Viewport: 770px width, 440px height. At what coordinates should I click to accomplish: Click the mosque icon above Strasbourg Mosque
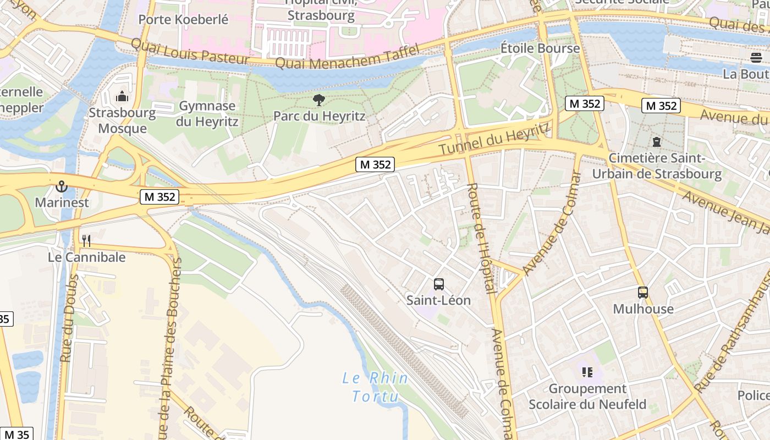tap(122, 97)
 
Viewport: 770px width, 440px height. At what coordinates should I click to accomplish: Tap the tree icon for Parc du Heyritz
tap(318, 100)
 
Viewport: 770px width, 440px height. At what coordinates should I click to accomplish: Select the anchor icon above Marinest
tap(61, 186)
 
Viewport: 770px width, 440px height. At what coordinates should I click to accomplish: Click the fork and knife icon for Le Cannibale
tap(86, 241)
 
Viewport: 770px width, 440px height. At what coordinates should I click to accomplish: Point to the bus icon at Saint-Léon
tap(438, 284)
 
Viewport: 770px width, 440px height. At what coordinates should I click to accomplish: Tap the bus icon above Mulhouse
tap(642, 293)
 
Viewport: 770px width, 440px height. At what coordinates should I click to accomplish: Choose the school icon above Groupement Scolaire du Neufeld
tap(587, 372)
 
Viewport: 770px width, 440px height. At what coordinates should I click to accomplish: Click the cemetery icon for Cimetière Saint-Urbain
tap(656, 142)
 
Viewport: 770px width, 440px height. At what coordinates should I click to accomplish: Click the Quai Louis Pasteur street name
tap(190, 52)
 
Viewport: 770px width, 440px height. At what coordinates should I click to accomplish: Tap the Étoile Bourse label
tap(540, 48)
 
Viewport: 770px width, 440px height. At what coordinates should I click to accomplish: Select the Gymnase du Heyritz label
tap(207, 113)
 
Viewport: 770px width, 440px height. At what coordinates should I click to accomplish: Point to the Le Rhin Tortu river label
tap(375, 387)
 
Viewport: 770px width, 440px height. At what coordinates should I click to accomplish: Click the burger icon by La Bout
tap(756, 57)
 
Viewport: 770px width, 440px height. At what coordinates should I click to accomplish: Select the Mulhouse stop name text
tap(643, 309)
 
